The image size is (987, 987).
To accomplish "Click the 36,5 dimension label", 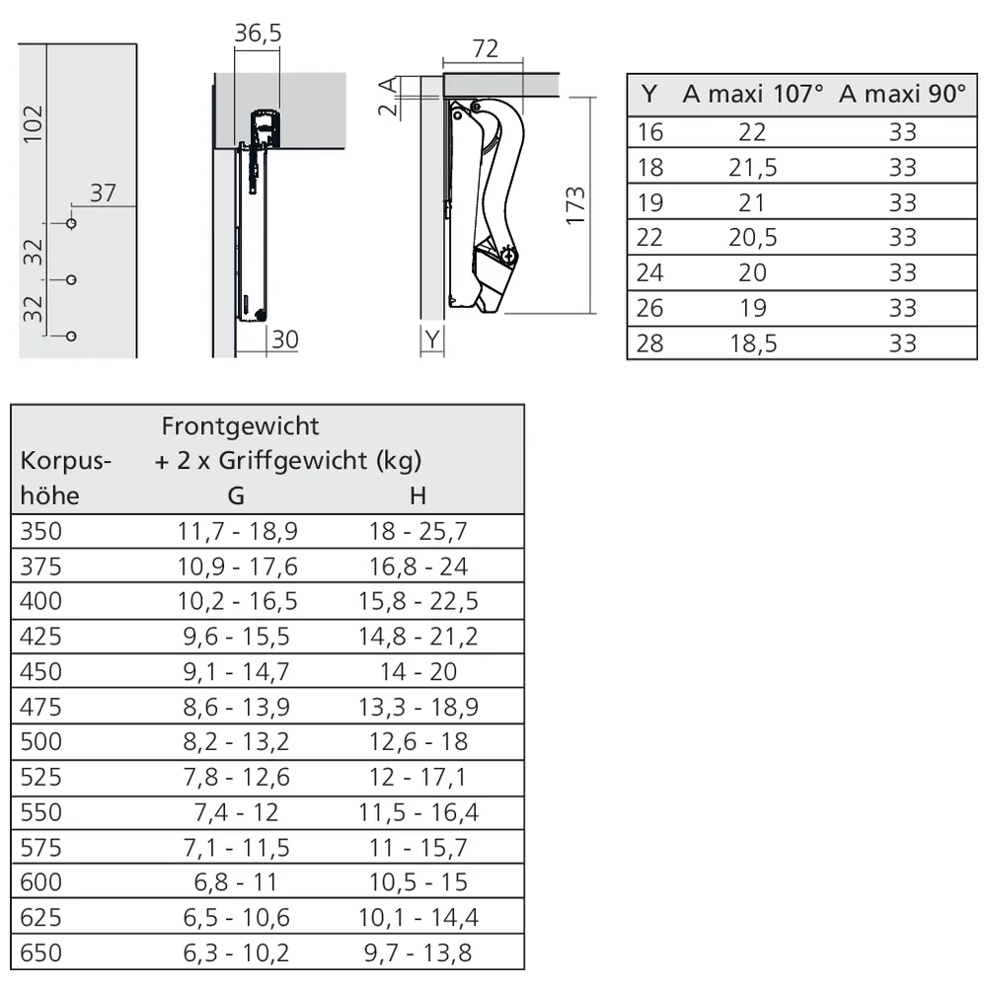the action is pyautogui.click(x=258, y=34).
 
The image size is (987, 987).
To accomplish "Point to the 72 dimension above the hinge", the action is pyautogui.click(x=485, y=49).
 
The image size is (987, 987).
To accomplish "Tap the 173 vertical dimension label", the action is pyautogui.click(x=575, y=205).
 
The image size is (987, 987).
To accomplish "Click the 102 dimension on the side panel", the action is pyautogui.click(x=33, y=124).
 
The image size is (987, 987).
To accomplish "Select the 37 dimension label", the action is pyautogui.click(x=104, y=193).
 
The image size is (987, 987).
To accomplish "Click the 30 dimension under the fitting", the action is pyautogui.click(x=284, y=340).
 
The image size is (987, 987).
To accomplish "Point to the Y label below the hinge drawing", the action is pyautogui.click(x=432, y=341).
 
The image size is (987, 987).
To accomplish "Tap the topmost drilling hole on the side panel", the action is pyautogui.click(x=71, y=223).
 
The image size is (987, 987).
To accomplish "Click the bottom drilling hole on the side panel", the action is pyautogui.click(x=71, y=337).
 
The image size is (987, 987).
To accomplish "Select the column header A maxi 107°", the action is pyautogui.click(x=753, y=94).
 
